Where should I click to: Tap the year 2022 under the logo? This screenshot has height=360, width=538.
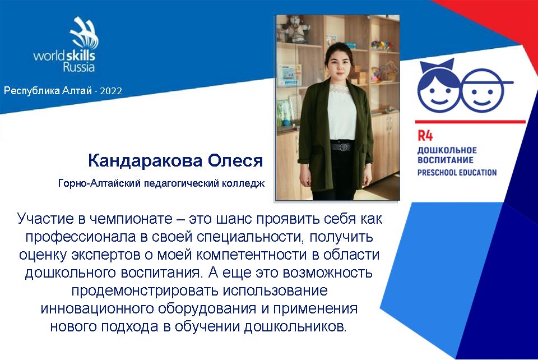[x=111, y=91]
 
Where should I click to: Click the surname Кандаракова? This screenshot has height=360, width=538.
[x=145, y=160]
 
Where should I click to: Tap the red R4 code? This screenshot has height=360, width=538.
[x=425, y=136]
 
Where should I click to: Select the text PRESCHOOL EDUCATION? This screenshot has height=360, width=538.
[x=457, y=172]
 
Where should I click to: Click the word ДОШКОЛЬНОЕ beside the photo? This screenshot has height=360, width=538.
[x=447, y=150]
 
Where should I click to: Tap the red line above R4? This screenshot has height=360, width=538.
[x=470, y=122]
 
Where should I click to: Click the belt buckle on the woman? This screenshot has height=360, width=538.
[x=341, y=147]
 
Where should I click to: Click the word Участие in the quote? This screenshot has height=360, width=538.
[x=45, y=219]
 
